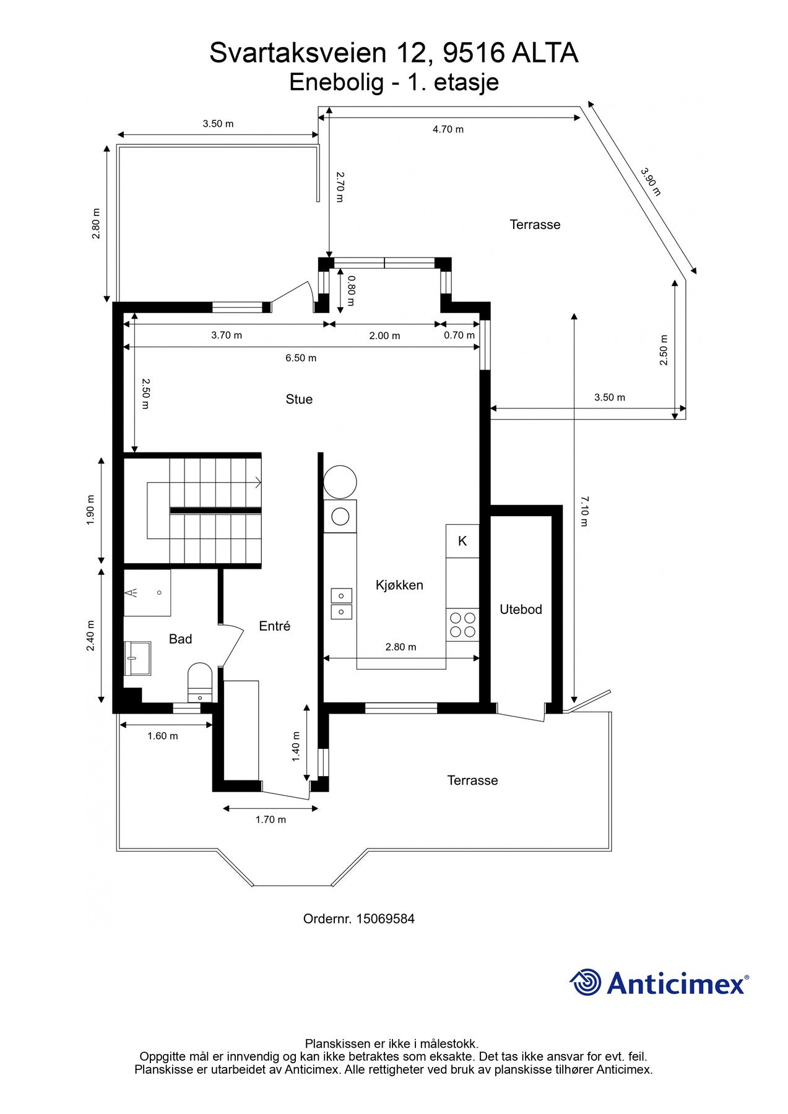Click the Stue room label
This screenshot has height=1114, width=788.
tap(299, 399)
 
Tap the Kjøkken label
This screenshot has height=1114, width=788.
tap(399, 585)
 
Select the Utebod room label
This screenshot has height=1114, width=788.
tap(521, 610)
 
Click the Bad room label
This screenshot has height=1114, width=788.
tap(180, 639)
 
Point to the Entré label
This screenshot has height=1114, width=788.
tap(274, 626)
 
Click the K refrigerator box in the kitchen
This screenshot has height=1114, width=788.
tap(462, 541)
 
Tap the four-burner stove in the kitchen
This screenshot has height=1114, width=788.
tap(462, 624)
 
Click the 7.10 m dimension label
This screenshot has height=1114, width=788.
tap(584, 511)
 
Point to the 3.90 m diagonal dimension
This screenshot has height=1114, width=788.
tap(650, 181)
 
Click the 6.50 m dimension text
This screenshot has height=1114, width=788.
tap(301, 358)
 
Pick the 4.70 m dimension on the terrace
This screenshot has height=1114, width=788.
tap(448, 129)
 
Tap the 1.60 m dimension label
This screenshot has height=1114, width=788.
tap(163, 736)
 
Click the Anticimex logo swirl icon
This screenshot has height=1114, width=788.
tap(586, 983)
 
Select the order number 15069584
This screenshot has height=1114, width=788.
tap(385, 919)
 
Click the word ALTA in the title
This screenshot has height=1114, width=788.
tap(545, 53)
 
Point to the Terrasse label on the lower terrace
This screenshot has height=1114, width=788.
tap(472, 780)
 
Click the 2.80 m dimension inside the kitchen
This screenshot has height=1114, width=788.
tap(400, 647)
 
